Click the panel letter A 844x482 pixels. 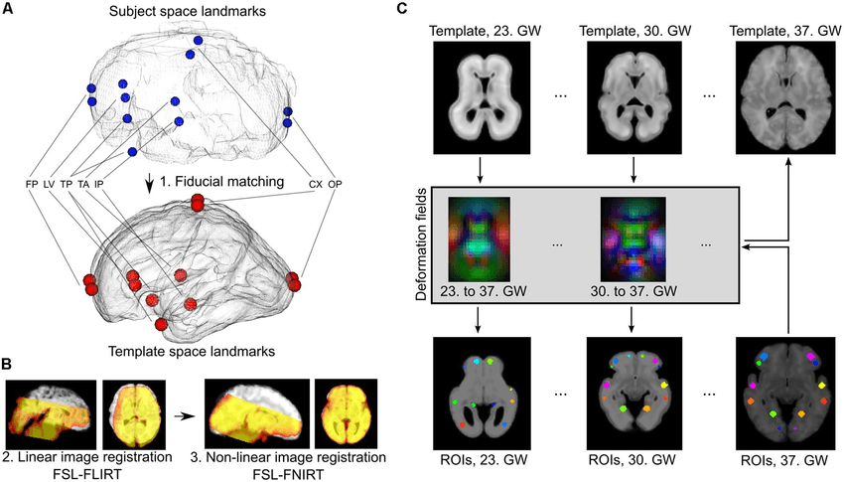pyautogui.click(x=10, y=10)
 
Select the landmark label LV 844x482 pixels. pyautogui.click(x=50, y=184)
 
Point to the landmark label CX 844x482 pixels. pyautogui.click(x=316, y=184)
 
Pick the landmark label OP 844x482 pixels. pyautogui.click(x=335, y=184)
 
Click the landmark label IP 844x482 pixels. pyautogui.click(x=99, y=184)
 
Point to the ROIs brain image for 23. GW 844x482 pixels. pyautogui.click(x=479, y=395)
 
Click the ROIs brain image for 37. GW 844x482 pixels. pyautogui.click(x=787, y=395)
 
